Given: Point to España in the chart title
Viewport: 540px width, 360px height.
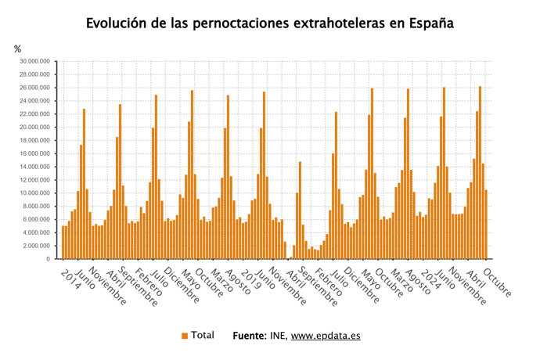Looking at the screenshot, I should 429,23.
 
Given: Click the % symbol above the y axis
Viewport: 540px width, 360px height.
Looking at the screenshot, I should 18,49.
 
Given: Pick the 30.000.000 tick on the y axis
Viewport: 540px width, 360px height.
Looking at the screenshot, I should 37,61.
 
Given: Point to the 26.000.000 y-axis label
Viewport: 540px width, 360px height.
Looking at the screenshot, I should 37,88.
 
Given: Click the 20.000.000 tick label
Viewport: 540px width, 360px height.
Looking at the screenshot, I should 37,127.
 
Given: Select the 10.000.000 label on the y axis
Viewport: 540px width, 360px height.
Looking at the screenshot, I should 37,193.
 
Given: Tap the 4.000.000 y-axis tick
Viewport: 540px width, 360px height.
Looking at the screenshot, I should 38,232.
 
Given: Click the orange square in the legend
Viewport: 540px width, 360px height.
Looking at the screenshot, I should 185,336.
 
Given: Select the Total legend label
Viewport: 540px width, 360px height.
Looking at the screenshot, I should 202,336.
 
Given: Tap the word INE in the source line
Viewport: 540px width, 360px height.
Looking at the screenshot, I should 279,336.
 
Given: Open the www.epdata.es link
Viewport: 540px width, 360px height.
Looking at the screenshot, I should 326,336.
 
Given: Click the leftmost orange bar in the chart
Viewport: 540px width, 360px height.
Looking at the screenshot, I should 63,243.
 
